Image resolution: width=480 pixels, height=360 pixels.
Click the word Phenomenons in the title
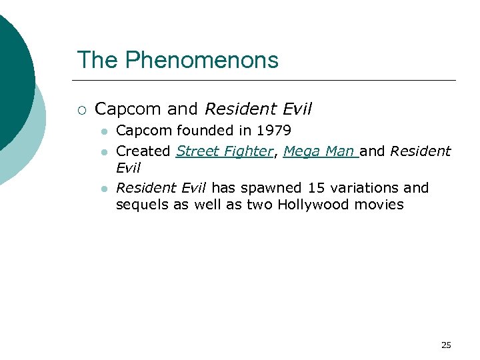click(x=201, y=61)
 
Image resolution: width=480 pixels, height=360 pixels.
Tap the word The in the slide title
click(x=97, y=61)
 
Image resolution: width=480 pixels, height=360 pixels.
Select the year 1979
click(x=274, y=131)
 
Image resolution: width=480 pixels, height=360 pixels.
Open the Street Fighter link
click(x=225, y=151)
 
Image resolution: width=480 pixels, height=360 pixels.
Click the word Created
click(x=143, y=151)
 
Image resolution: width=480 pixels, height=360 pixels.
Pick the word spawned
click(x=265, y=188)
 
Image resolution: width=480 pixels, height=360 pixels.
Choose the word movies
click(x=381, y=205)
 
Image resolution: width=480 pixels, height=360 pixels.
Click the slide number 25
click(x=446, y=345)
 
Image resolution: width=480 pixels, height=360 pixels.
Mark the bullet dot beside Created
click(x=105, y=152)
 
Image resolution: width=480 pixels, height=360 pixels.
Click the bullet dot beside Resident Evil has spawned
click(x=105, y=189)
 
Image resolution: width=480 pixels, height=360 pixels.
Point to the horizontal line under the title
click(x=267, y=81)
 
